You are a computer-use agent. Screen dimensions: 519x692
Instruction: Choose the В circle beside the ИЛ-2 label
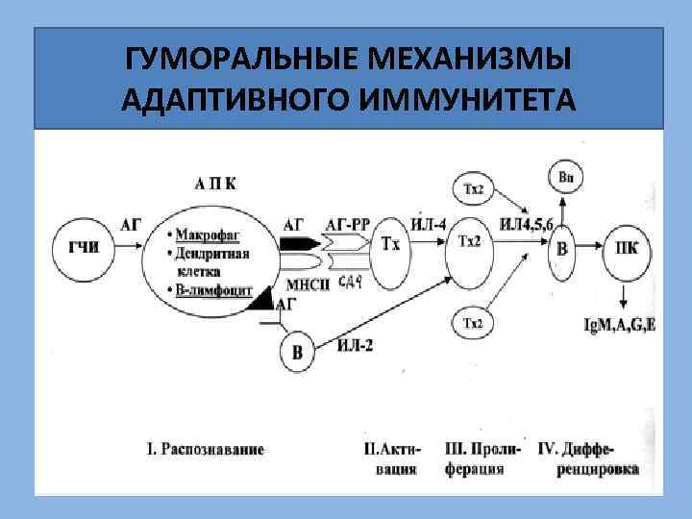[x=297, y=355]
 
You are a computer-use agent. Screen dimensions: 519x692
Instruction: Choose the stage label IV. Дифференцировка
[x=588, y=458]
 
